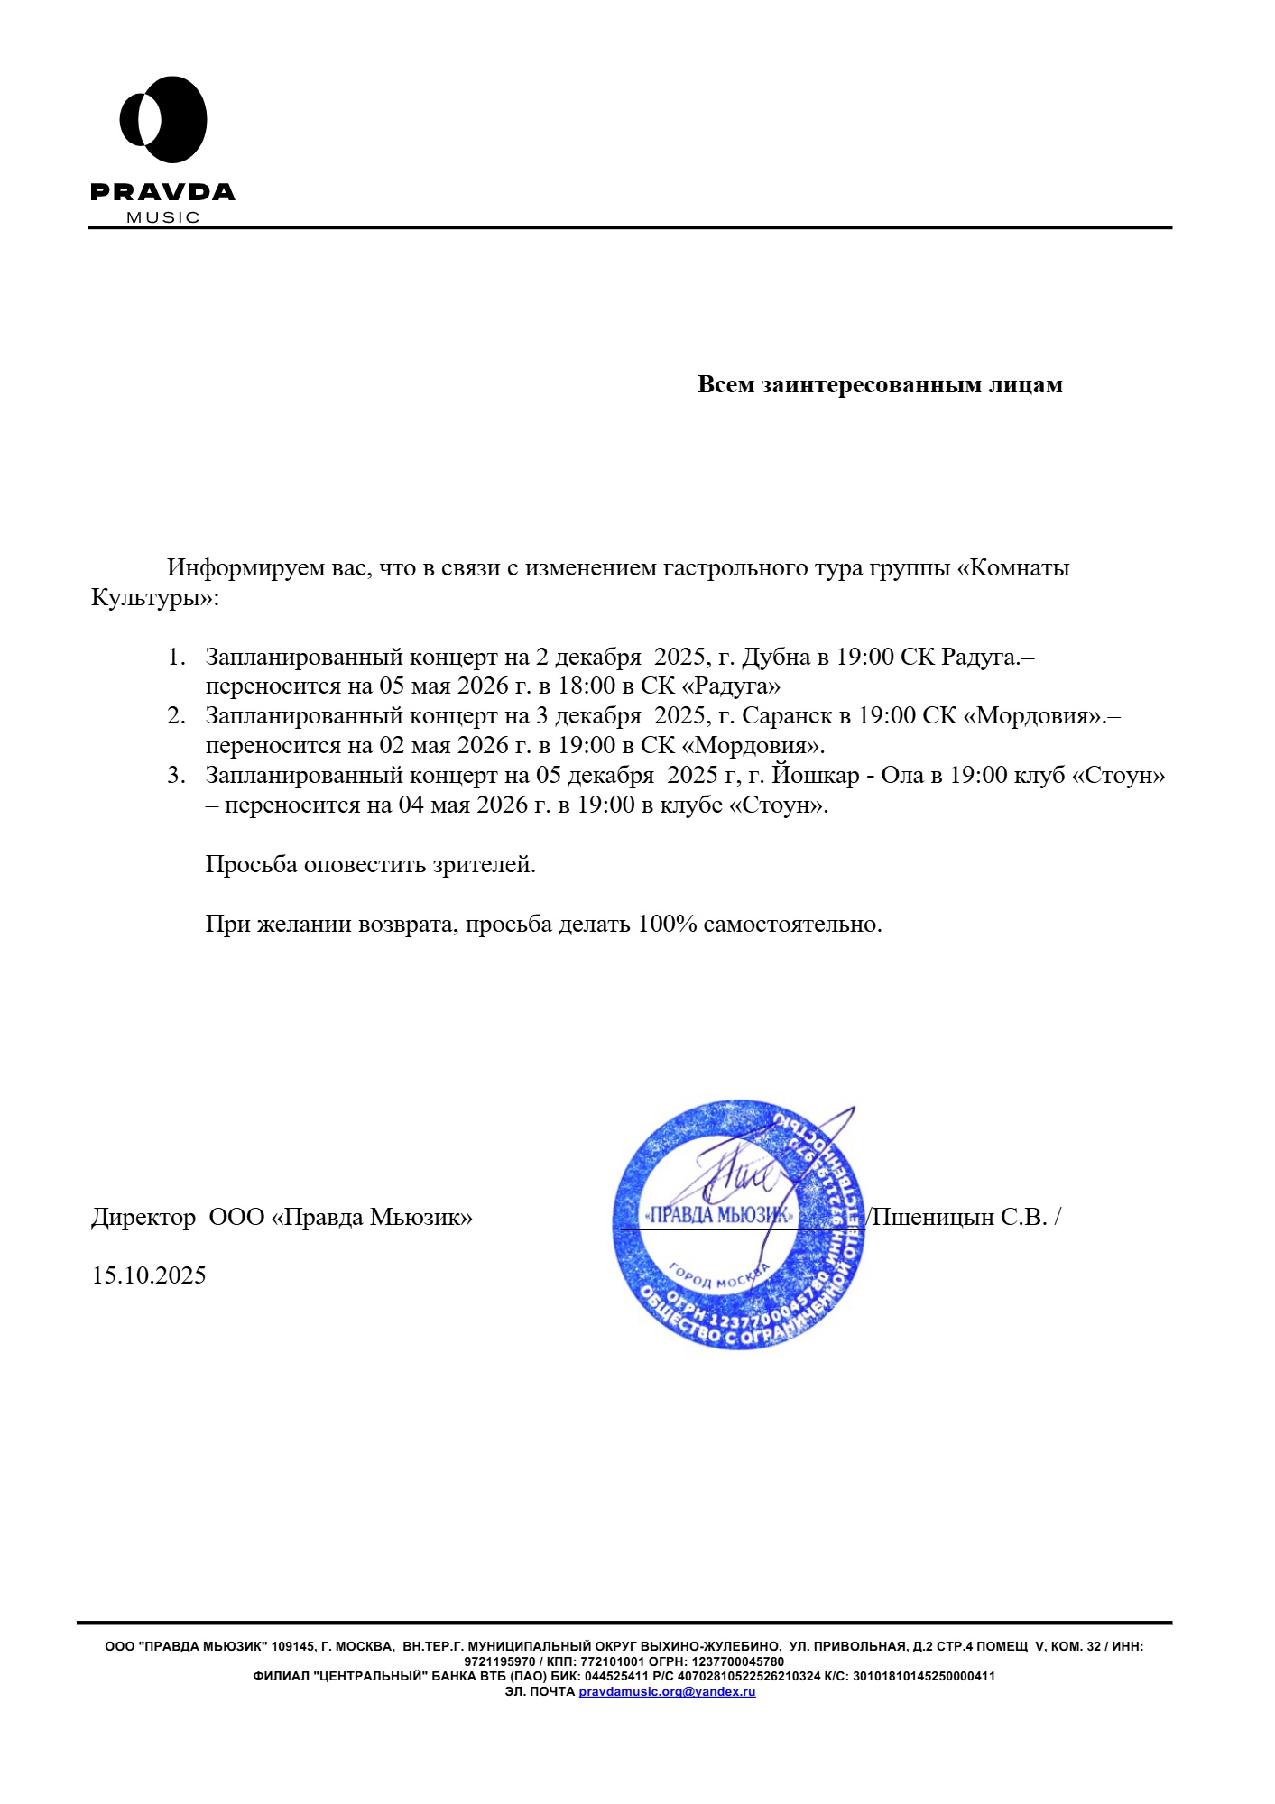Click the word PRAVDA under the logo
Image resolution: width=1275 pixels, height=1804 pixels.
click(162, 192)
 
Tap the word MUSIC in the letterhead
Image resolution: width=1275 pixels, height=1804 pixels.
click(163, 217)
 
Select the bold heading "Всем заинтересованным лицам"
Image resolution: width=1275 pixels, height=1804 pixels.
click(880, 384)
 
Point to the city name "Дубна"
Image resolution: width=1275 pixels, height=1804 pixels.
click(775, 657)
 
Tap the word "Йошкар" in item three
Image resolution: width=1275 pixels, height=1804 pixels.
click(816, 776)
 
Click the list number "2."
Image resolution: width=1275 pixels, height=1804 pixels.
click(177, 716)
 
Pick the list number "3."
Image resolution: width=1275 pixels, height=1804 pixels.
click(177, 776)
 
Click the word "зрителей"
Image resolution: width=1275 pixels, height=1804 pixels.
click(484, 864)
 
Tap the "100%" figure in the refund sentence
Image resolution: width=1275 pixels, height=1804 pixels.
click(667, 924)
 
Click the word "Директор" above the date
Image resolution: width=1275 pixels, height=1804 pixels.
click(143, 1217)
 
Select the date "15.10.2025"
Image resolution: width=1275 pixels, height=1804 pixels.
click(149, 1275)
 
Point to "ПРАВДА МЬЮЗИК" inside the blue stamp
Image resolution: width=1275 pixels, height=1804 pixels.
click(719, 1215)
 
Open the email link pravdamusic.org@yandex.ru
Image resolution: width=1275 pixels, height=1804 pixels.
click(667, 1691)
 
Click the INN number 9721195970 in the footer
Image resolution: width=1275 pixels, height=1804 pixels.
click(499, 1661)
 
